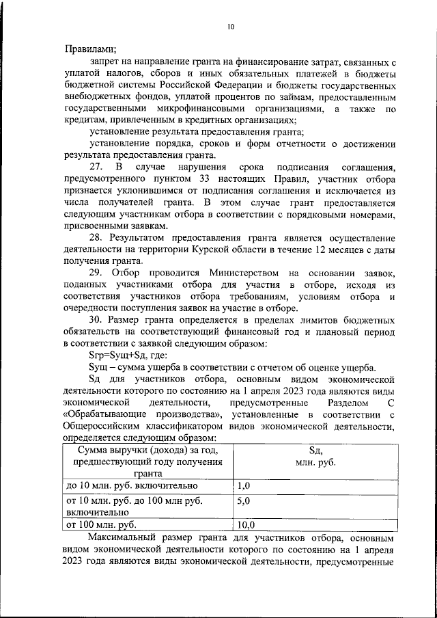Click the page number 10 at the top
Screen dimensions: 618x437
pos(230,26)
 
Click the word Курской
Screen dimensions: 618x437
pos(217,250)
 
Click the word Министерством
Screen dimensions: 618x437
pos(242,273)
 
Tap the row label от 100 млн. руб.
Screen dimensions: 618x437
pos(101,525)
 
